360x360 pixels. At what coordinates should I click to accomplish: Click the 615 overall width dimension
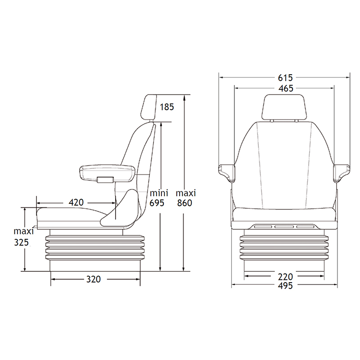(x=285, y=78)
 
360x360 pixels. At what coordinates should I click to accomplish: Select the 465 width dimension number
(x=286, y=88)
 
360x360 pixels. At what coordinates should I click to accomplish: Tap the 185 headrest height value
(x=167, y=107)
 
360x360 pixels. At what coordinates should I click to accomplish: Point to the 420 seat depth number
(x=76, y=202)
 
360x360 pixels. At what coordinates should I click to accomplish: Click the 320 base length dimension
(x=94, y=279)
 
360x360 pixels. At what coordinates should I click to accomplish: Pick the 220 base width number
(x=285, y=277)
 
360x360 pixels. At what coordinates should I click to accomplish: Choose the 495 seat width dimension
(x=285, y=286)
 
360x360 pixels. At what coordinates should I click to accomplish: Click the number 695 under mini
(x=157, y=203)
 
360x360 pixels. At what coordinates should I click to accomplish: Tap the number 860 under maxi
(x=184, y=203)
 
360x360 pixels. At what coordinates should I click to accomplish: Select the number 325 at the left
(x=21, y=243)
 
